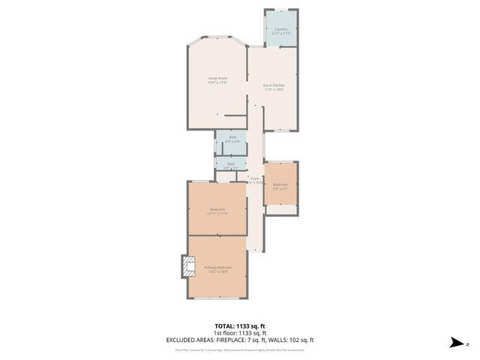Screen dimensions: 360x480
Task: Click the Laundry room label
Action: point(281,29)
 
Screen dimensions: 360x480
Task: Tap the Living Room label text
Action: point(217,78)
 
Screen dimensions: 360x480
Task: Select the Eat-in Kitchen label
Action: point(274,85)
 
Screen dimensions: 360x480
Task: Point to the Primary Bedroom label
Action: point(218,268)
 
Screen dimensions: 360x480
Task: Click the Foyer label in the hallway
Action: point(255,178)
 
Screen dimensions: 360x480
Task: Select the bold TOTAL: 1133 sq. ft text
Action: point(240,325)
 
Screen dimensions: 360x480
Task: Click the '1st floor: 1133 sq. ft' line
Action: point(240,333)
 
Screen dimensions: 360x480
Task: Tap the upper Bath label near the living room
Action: point(232,136)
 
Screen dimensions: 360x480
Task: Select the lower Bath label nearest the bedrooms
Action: point(231,163)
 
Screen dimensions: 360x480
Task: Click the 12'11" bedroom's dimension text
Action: point(217,214)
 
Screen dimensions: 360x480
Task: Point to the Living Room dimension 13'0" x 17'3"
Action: point(217,82)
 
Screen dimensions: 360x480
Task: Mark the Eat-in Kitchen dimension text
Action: point(274,90)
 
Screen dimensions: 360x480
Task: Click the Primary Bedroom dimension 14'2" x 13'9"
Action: point(218,272)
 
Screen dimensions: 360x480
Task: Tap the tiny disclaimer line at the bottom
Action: point(240,349)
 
